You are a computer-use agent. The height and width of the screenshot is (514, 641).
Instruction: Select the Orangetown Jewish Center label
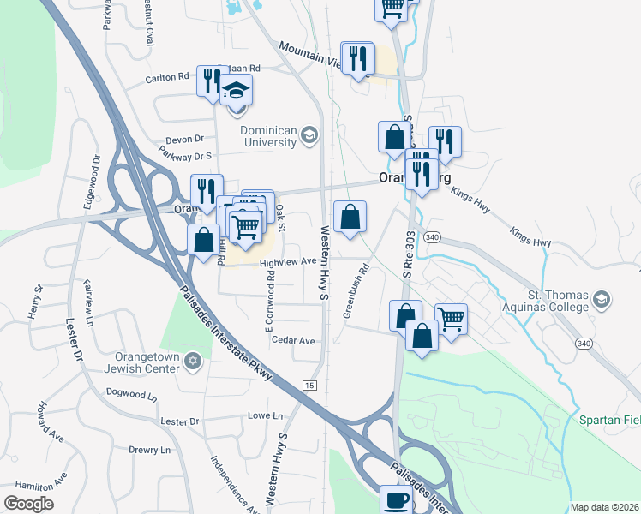pos(142,362)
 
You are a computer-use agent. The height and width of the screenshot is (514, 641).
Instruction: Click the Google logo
pos(28,504)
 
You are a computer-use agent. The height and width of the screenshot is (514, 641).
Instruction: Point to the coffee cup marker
pos(396,500)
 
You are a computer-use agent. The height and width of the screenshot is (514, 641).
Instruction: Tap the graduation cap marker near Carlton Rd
pos(236,90)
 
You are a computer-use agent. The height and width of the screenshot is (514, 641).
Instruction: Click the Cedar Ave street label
pos(293,340)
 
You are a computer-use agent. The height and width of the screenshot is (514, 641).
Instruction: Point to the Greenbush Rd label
pos(356,290)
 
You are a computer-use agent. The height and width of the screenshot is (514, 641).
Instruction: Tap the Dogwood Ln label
pos(132,394)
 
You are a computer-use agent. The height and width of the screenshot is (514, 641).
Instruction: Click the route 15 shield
pos(309,385)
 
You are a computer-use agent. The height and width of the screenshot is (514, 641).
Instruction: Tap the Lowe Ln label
pos(265,415)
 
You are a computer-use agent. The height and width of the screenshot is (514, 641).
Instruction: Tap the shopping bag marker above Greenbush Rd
pos(350,218)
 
